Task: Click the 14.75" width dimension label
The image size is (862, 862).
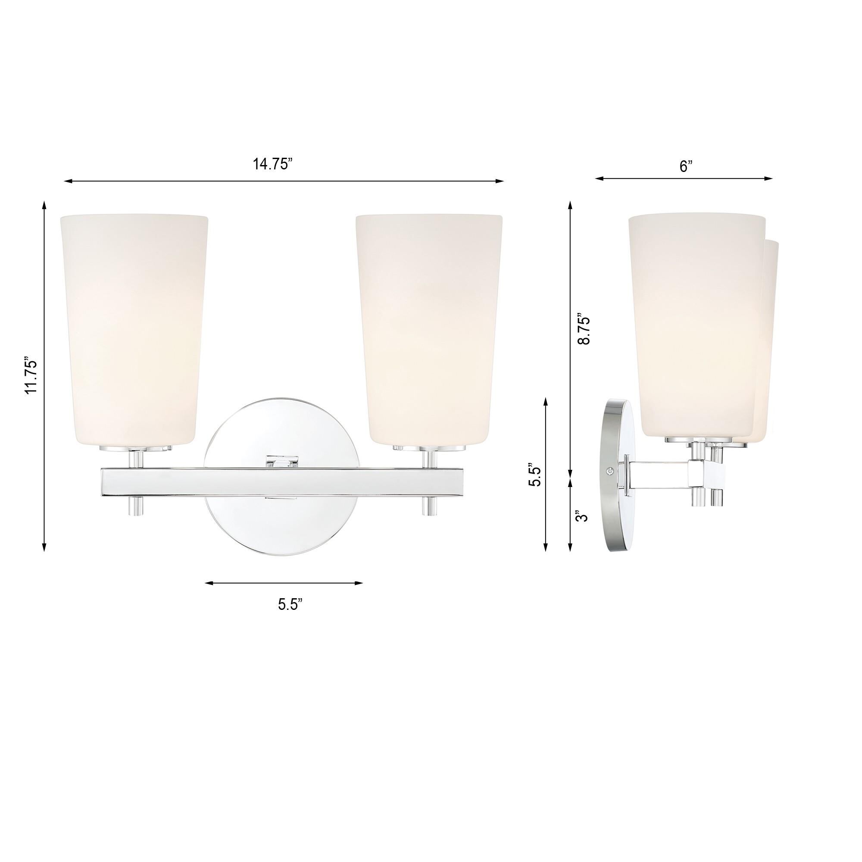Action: click(273, 164)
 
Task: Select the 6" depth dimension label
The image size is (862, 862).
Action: click(686, 166)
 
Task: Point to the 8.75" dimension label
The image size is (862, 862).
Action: click(584, 328)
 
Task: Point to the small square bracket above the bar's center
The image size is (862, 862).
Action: click(282, 461)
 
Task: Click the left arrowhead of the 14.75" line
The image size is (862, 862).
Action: click(67, 181)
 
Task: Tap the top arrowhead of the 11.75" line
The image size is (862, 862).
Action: click(44, 204)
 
